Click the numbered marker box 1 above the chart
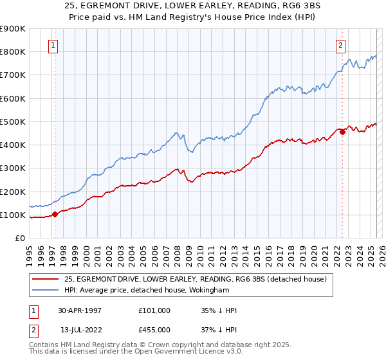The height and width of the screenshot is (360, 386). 52,45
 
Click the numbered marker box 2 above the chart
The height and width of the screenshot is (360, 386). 340,45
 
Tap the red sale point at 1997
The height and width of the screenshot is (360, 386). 55,215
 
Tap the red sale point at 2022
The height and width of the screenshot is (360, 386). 342,132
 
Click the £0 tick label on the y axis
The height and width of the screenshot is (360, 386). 19,239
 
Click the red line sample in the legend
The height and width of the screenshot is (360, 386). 45,279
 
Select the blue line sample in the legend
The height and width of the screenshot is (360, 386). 45,290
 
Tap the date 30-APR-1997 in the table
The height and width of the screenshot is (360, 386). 80,310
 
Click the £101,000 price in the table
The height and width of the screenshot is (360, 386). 154,310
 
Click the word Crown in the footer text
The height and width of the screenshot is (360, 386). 170,346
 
